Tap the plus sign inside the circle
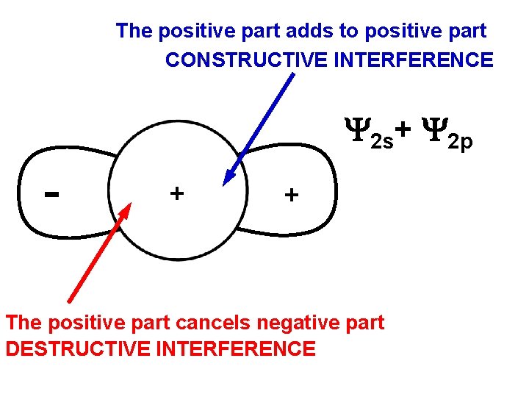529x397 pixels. (176, 193)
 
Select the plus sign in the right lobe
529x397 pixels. (292, 195)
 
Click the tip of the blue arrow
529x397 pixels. (226, 181)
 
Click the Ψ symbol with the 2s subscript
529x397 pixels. (356, 130)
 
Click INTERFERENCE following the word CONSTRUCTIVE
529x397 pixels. (413, 60)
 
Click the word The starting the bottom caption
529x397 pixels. (24, 323)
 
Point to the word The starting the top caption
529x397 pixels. (134, 31)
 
